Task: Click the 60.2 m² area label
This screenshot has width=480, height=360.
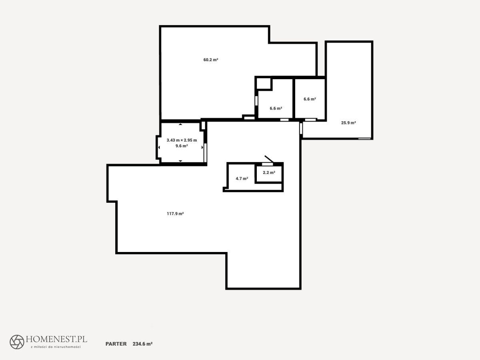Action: [210, 60]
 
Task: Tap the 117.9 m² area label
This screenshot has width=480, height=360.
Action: [175, 214]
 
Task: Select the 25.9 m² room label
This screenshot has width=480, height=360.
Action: [348, 123]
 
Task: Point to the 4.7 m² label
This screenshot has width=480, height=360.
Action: [242, 178]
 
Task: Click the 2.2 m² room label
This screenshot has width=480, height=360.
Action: [269, 172]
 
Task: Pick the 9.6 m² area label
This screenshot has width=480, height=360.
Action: [182, 146]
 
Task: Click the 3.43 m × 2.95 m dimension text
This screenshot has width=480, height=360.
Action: [182, 140]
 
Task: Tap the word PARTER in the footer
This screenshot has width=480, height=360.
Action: [116, 344]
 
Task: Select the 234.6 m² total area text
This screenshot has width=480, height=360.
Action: [142, 344]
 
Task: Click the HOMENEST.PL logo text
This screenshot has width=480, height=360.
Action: [56, 339]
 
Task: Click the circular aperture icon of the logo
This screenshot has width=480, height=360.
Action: [17, 342]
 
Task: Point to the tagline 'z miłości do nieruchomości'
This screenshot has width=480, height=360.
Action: [56, 347]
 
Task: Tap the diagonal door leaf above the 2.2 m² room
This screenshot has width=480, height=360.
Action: [269, 159]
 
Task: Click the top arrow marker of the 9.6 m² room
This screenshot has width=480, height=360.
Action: [180, 124]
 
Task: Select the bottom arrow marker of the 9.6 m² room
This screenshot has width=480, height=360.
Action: [180, 161]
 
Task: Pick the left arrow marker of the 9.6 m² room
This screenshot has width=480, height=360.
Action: [159, 148]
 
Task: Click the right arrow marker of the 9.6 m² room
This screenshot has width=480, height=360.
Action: [202, 148]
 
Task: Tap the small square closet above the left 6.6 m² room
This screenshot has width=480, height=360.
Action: [264, 84]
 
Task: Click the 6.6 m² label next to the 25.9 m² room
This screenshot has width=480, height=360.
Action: [310, 99]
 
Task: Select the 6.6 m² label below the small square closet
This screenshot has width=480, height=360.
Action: [276, 108]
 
